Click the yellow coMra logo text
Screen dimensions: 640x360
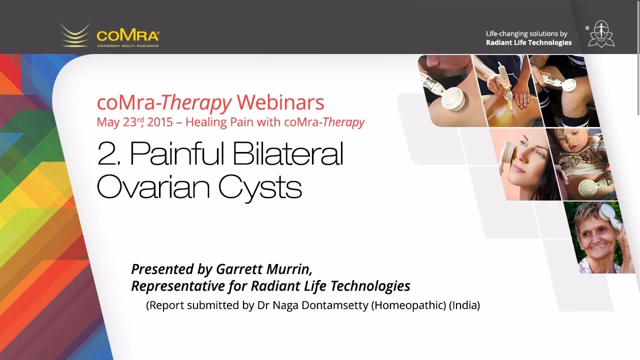[x=128, y=35]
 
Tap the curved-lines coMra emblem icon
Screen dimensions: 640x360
[x=75, y=35]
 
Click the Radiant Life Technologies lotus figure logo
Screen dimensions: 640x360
[x=601, y=34]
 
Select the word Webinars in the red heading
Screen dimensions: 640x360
[x=280, y=102]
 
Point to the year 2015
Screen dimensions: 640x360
[x=160, y=122]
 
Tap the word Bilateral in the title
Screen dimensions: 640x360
[x=288, y=153]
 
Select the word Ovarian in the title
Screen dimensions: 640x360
[x=153, y=187]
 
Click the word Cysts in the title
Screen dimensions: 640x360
[x=260, y=189]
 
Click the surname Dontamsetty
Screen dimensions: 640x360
[x=335, y=305]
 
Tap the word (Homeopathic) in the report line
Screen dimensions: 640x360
[x=408, y=305]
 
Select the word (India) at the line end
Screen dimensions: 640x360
[x=464, y=305]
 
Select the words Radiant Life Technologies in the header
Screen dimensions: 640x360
[x=529, y=42]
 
